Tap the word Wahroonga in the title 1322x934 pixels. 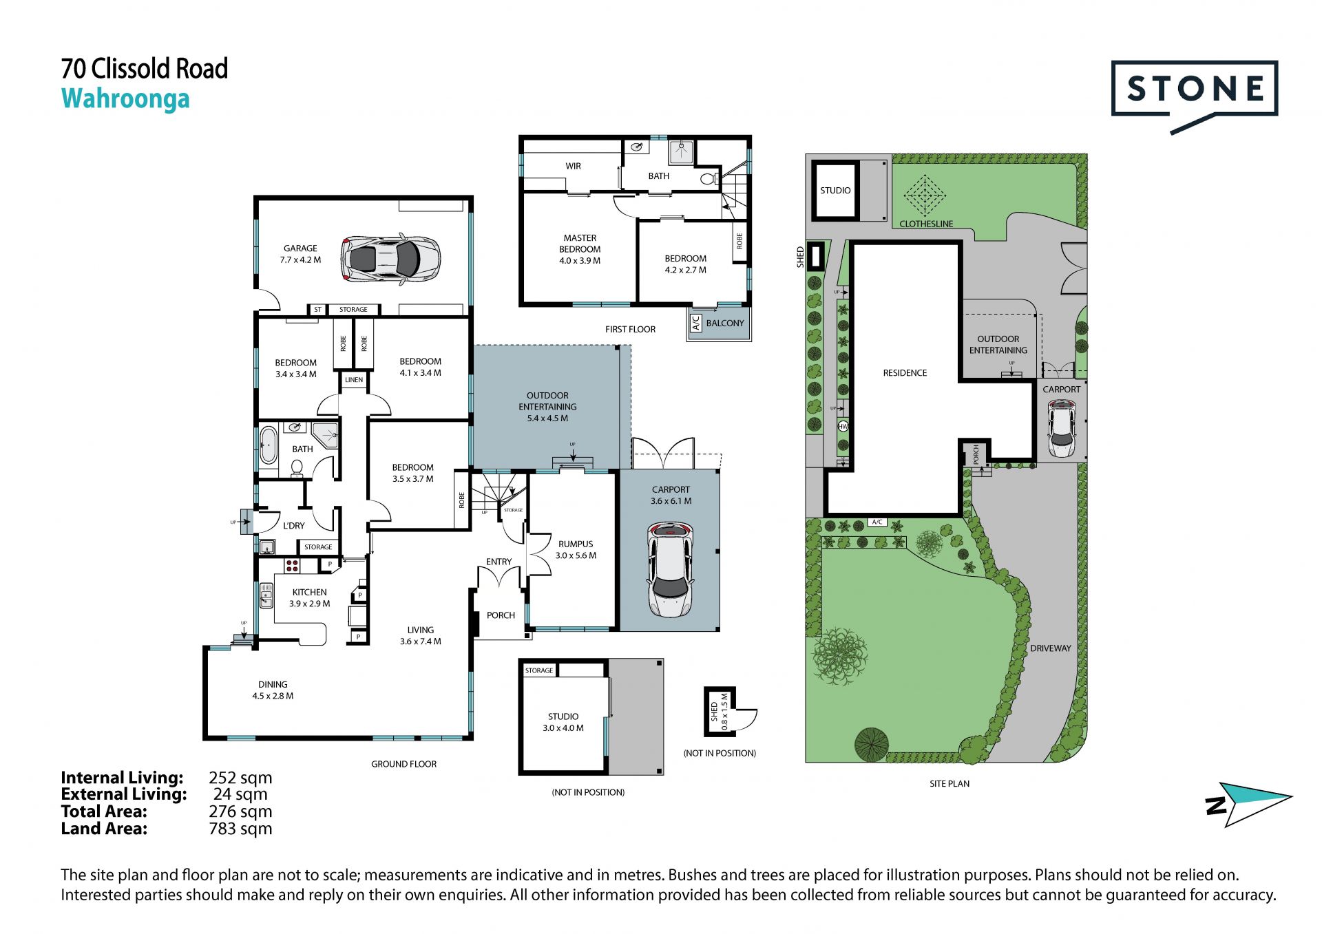point(125,99)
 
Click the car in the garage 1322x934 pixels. point(390,259)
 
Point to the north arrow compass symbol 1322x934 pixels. point(1248,804)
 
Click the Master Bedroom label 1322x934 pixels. point(580,249)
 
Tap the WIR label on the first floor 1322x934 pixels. point(573,166)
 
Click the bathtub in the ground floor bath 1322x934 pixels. point(268,445)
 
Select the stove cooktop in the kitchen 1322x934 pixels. point(292,566)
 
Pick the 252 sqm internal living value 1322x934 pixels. point(240,778)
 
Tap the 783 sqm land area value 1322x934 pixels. point(240,829)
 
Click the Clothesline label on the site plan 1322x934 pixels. point(926,224)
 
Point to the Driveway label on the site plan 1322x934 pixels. point(1051,648)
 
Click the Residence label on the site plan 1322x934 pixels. point(905,373)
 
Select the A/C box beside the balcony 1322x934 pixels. point(695,323)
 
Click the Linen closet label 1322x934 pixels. point(354,380)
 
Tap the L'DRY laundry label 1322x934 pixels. point(293,526)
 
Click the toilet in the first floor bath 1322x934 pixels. point(708,180)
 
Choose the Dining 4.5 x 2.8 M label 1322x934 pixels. point(273,690)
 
